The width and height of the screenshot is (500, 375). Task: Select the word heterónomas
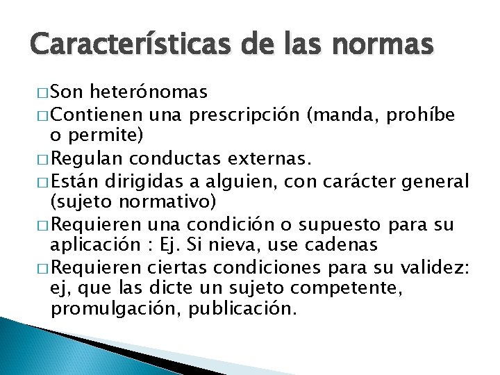[149, 92]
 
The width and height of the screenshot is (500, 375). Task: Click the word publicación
[244, 308]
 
